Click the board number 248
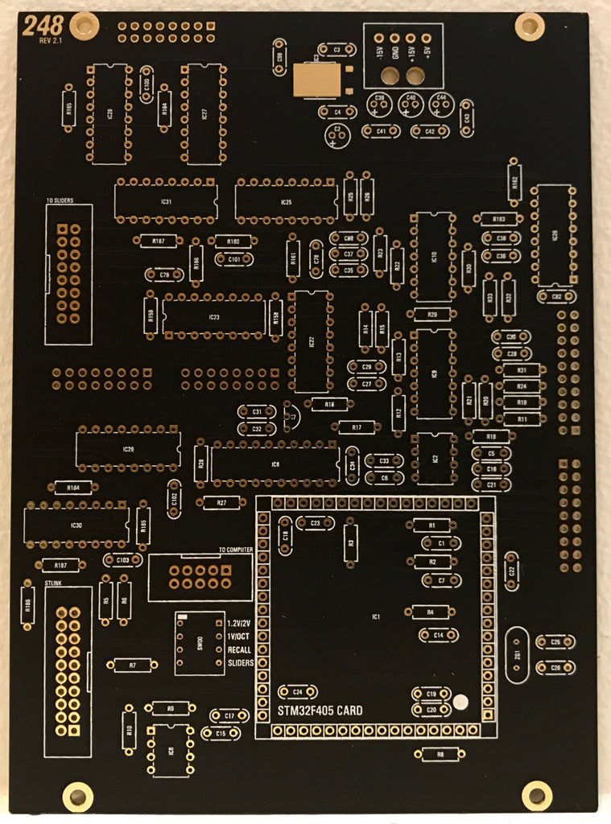39,27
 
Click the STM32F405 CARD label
320,711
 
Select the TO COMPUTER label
236,550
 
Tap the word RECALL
240,649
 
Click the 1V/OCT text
240,637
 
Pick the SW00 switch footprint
200,643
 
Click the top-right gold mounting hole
529,27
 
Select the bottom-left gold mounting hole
77,797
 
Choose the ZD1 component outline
517,655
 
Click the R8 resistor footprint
440,754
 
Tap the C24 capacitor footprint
298,691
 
